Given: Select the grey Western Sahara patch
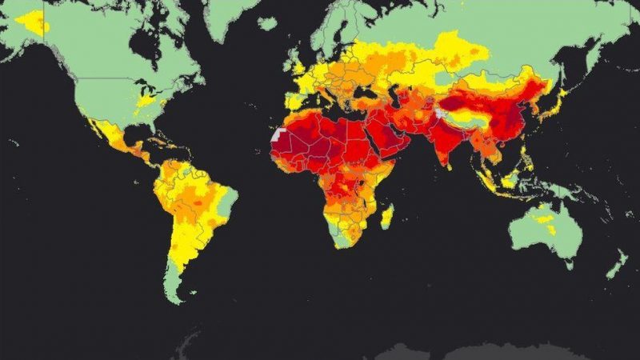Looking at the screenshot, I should (278, 135).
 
